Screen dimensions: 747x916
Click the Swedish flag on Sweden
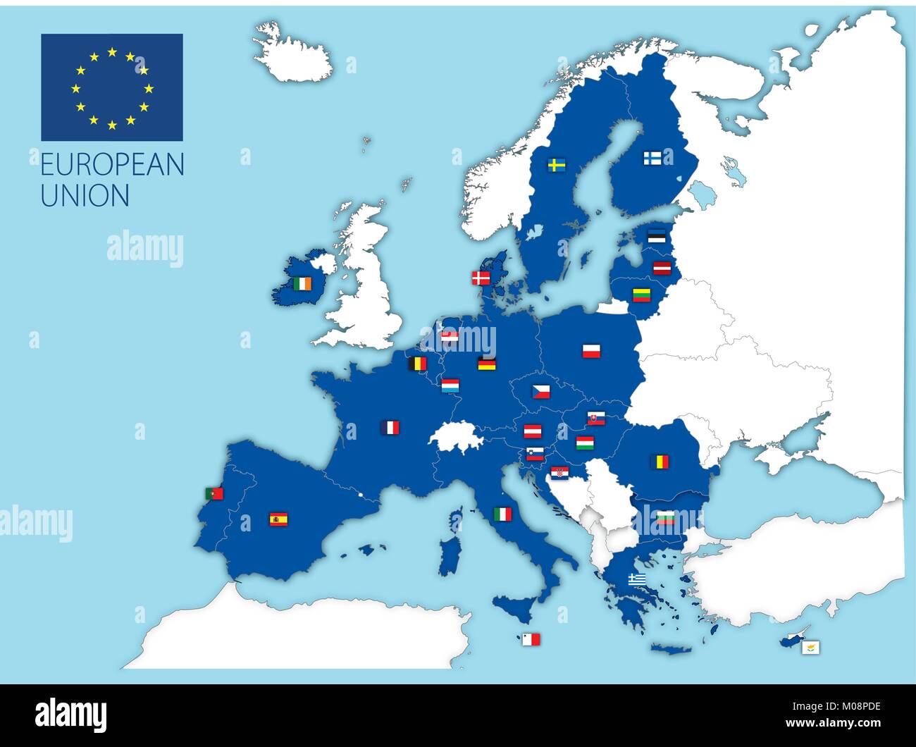[x=557, y=165]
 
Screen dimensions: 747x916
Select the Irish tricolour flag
[x=302, y=283]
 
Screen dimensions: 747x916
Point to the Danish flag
[x=481, y=278]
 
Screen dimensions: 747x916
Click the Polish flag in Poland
[x=591, y=350]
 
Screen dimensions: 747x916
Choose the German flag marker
[x=487, y=364]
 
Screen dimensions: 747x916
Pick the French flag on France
[x=390, y=427]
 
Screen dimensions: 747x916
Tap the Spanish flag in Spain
[x=278, y=520]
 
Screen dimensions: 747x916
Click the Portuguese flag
[x=213, y=493]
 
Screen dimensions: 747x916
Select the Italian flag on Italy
[x=502, y=514]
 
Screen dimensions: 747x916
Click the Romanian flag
[x=660, y=462]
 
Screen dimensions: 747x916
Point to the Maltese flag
[x=531, y=639]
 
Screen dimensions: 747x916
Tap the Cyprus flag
[x=811, y=646]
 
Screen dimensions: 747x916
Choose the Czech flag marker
[x=540, y=391]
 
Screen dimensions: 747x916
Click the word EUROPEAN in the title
[x=112, y=164]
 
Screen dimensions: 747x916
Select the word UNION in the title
[x=85, y=195]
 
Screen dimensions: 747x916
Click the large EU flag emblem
[x=112, y=87]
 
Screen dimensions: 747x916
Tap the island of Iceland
[x=292, y=54]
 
